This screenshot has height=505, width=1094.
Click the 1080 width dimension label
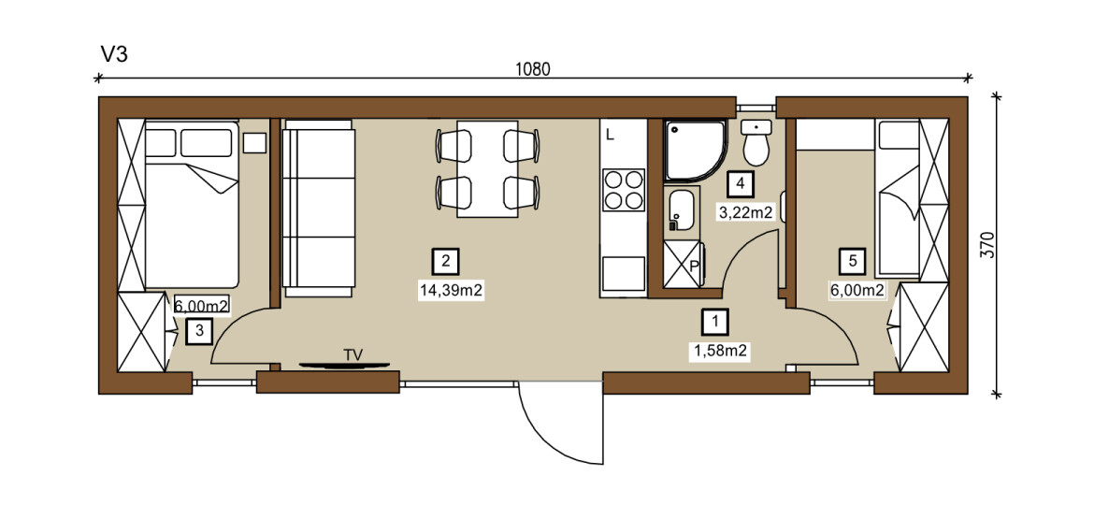pyautogui.click(x=533, y=69)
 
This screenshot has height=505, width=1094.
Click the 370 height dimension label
pyautogui.click(x=988, y=245)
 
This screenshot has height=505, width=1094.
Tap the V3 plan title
pyautogui.click(x=114, y=54)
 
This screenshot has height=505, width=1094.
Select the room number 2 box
pyautogui.click(x=445, y=262)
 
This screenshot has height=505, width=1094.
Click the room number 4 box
pyautogui.click(x=740, y=183)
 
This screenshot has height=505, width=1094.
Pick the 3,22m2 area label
pyautogui.click(x=746, y=212)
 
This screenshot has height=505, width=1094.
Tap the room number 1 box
pyautogui.click(x=715, y=322)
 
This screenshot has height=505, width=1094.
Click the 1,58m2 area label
pyautogui.click(x=721, y=351)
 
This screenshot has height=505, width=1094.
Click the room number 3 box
pyautogui.click(x=199, y=331)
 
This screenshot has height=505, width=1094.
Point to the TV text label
pyautogui.click(x=353, y=355)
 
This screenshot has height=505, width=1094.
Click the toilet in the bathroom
pyautogui.click(x=756, y=141)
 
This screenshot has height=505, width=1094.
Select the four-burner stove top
pyautogui.click(x=623, y=190)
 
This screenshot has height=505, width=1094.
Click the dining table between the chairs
pyautogui.click(x=487, y=168)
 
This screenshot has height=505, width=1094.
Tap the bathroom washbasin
pyautogui.click(x=680, y=210)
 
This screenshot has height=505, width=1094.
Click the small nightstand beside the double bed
pyautogui.click(x=254, y=143)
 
